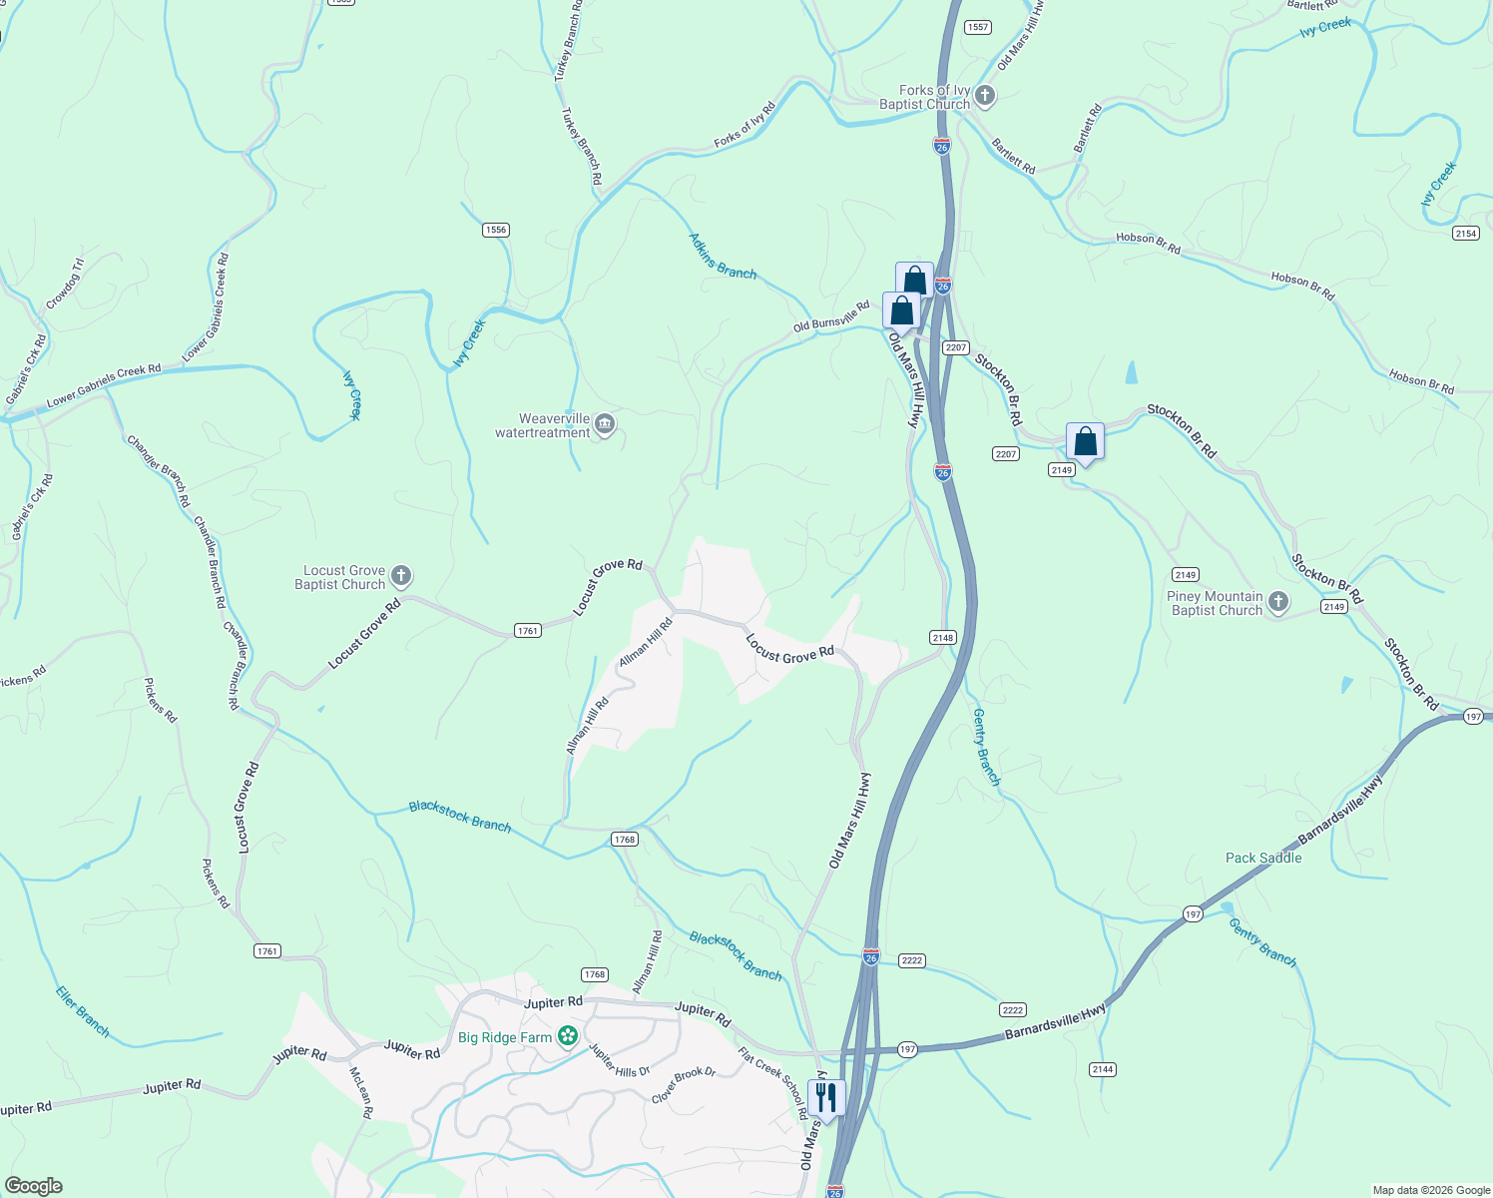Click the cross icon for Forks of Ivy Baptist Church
[x=985, y=96]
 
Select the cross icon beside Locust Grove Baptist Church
[x=400, y=576]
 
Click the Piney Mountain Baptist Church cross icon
[x=1278, y=602]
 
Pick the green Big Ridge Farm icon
[x=568, y=1036]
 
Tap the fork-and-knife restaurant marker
[x=826, y=1097]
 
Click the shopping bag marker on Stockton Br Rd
[x=1085, y=441]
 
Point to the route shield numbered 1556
[x=496, y=230]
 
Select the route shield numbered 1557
[x=978, y=27]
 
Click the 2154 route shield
[x=1465, y=233]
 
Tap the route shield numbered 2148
[x=943, y=637]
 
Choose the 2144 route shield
[x=1102, y=1069]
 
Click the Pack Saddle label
[x=1263, y=858]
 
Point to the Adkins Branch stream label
[x=723, y=256]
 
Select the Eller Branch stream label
[x=83, y=1011]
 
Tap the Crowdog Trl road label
[x=65, y=284]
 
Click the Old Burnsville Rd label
[x=831, y=317]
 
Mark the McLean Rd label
[x=361, y=1091]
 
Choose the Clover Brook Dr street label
[x=684, y=1086]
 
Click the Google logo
[x=33, y=1186]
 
